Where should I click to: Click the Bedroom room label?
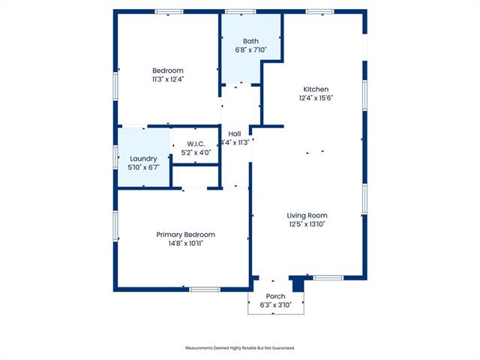tap(168, 70)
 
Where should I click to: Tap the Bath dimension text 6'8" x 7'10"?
tap(251, 49)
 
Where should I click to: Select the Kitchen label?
tap(316, 89)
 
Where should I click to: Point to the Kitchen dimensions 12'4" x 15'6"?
tap(316, 98)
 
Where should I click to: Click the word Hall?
tap(235, 133)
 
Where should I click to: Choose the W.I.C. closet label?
tap(196, 144)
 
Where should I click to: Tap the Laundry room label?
tap(143, 159)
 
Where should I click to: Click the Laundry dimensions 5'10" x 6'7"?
tap(143, 167)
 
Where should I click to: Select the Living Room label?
tap(307, 215)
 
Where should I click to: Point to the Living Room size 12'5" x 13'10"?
tap(307, 224)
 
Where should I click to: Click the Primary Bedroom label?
tap(185, 235)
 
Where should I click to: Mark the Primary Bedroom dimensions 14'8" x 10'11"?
tap(186, 243)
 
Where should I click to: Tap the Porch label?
tap(275, 296)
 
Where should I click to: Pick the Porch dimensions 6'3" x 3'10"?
tap(275, 305)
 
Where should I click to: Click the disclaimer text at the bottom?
tap(240, 348)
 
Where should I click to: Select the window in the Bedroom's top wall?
tap(169, 12)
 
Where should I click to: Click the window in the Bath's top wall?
tap(241, 12)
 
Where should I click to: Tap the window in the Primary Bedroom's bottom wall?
tap(205, 289)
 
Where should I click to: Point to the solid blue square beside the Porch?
tap(298, 285)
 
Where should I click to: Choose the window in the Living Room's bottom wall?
tap(328, 278)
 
